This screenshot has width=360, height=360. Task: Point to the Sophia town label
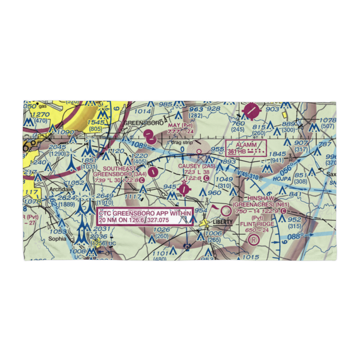pyautogui.click(x=58, y=239)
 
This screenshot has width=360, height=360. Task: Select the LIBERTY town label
pyautogui.click(x=222, y=222)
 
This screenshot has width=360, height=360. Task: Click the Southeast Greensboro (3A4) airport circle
pyautogui.click(x=153, y=172)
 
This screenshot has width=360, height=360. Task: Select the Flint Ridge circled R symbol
pyautogui.click(x=254, y=239)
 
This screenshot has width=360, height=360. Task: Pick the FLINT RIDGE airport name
pyautogui.click(x=257, y=224)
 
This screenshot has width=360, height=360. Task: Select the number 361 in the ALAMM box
pyautogui.click(x=232, y=152)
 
